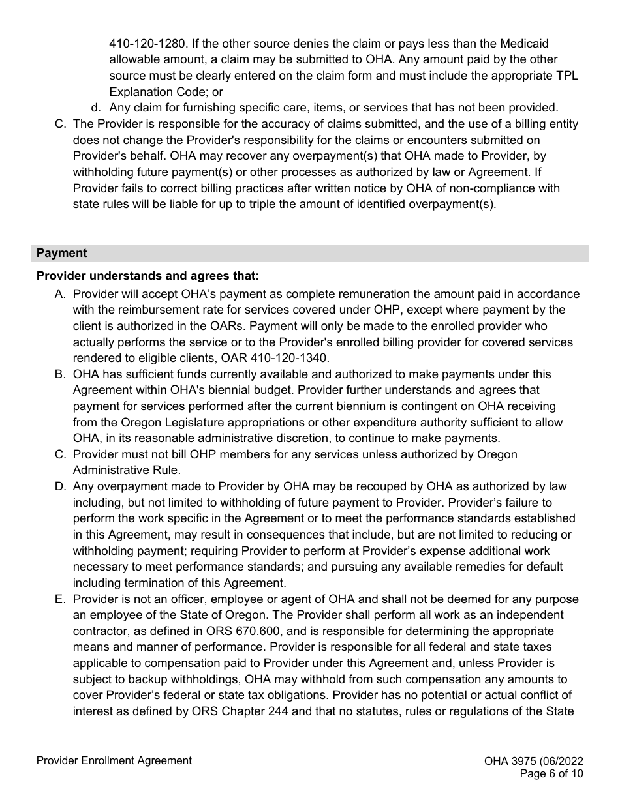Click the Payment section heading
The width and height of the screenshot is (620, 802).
[x=61, y=253]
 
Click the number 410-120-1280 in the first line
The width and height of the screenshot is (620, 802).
[x=143, y=44]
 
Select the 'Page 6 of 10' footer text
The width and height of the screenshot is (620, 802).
[x=551, y=774]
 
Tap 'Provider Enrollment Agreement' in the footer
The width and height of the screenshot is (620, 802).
[x=114, y=760]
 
